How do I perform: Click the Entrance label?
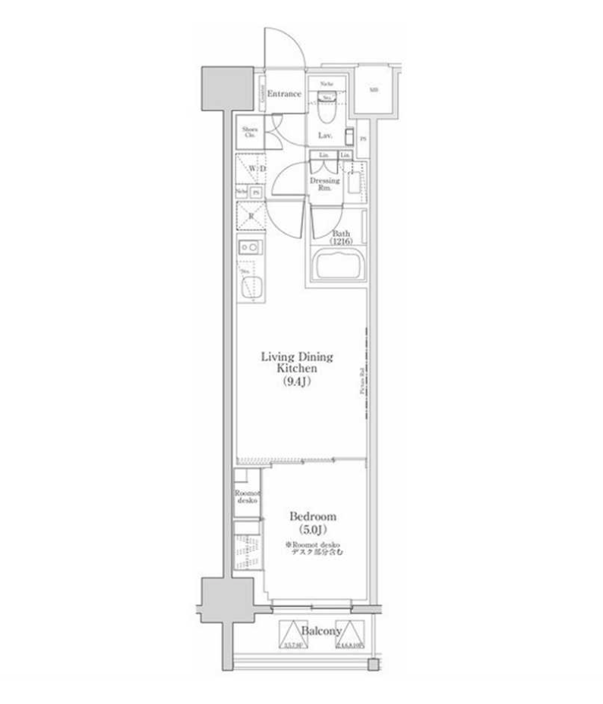tap(284, 94)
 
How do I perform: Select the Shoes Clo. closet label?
tap(250, 132)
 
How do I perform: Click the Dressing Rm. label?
tap(324, 185)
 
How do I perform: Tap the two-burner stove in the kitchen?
tap(249, 248)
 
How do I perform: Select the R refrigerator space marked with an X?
tap(249, 216)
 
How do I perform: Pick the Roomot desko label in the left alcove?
tap(248, 497)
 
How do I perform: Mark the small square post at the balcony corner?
tap(372, 664)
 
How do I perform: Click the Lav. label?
tap(326, 136)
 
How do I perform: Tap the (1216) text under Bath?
tap(340, 241)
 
